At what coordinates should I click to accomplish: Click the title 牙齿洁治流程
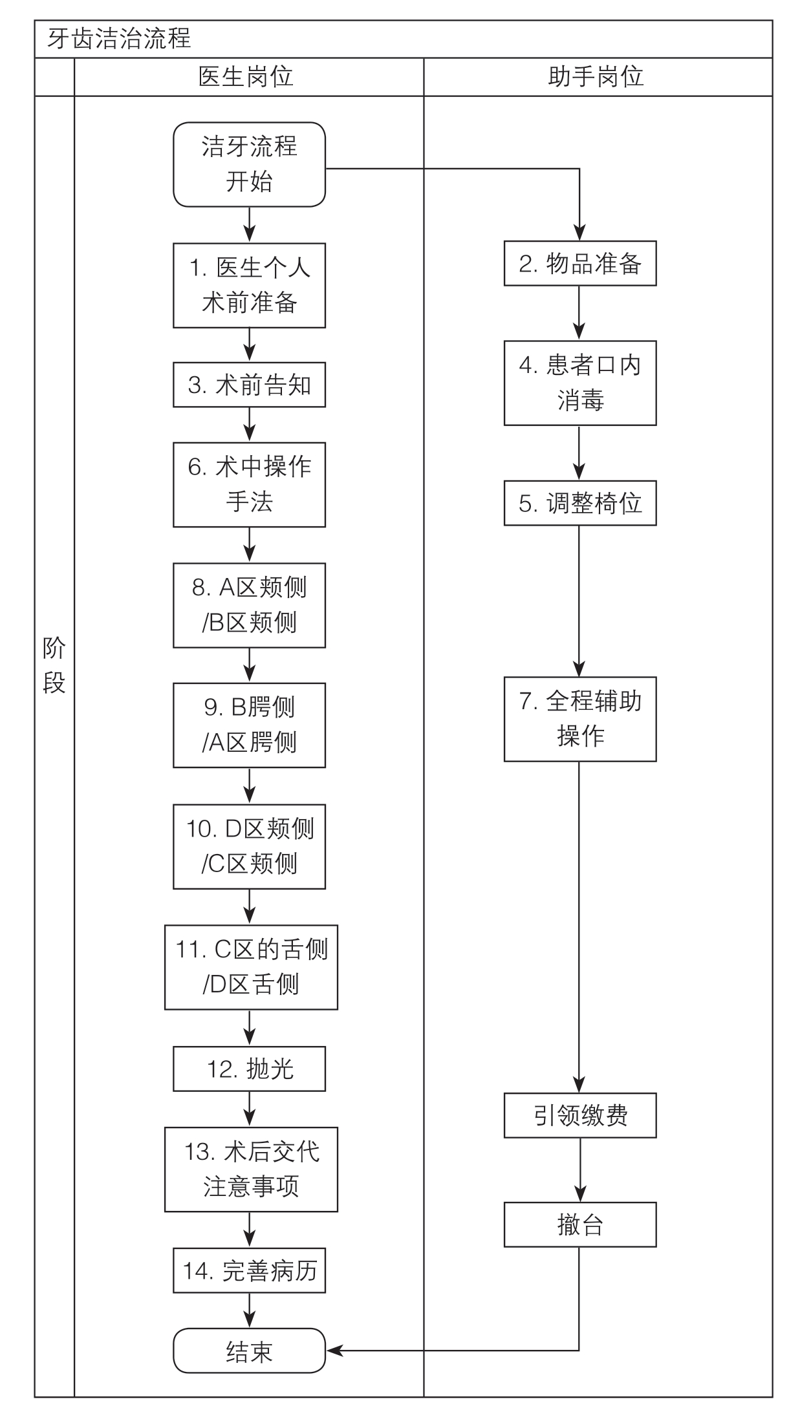point(119,39)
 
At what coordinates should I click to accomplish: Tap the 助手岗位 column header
point(596,77)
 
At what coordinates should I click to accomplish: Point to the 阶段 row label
point(54,665)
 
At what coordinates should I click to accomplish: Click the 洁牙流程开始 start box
point(249,164)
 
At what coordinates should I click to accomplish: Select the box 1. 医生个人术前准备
point(249,285)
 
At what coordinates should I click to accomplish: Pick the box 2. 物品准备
point(580,264)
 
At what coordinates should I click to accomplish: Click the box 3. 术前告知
point(249,385)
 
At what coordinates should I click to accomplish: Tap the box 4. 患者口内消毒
point(580,383)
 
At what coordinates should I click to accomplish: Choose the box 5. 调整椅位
point(580,503)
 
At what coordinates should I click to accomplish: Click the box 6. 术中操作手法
point(249,484)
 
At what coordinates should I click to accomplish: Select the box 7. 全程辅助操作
point(580,719)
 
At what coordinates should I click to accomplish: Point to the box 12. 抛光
point(249,1069)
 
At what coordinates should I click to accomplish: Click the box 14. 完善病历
point(249,1270)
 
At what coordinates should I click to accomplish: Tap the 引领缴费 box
point(580,1115)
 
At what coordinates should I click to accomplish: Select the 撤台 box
point(580,1224)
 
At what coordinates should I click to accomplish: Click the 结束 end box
point(249,1351)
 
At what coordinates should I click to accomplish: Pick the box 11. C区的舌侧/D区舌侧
point(251,967)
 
